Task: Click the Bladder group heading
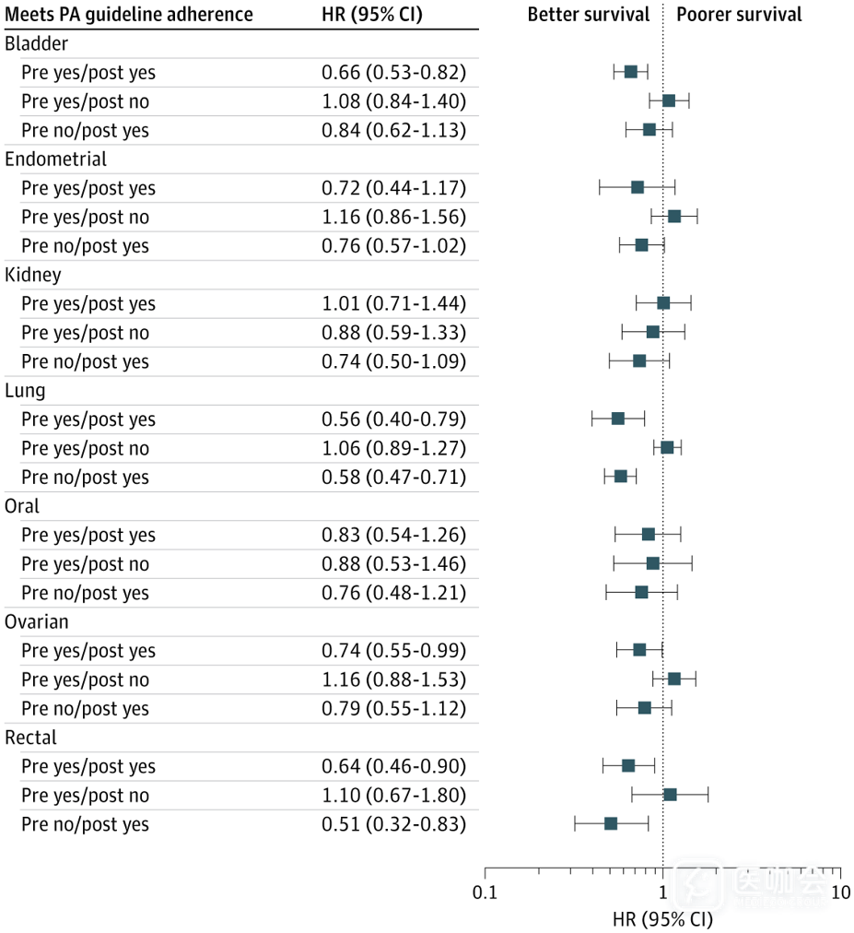tap(36, 43)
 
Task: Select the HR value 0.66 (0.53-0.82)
tap(393, 72)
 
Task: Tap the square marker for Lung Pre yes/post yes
tap(618, 419)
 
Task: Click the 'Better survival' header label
tap(588, 15)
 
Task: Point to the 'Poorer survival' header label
tap(739, 15)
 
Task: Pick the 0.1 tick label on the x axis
tap(485, 892)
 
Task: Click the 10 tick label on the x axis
tap(839, 892)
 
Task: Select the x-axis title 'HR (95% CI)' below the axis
tap(662, 919)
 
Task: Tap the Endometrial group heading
tap(56, 159)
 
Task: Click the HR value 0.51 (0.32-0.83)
tap(393, 824)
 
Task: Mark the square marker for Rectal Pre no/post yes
tap(611, 823)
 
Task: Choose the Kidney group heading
tap(33, 275)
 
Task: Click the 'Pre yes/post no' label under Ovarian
tap(85, 679)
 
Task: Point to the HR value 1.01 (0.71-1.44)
tap(393, 303)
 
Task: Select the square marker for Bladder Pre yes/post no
tap(669, 100)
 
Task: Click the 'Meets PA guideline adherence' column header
tap(129, 15)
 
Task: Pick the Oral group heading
tap(22, 506)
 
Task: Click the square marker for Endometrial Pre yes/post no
tap(674, 216)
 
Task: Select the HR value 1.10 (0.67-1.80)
tap(393, 795)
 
